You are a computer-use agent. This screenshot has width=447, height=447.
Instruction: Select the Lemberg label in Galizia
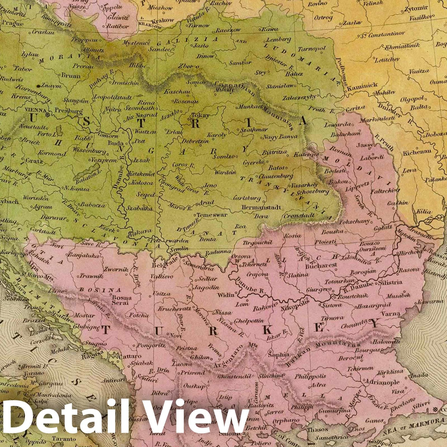pos(275,39)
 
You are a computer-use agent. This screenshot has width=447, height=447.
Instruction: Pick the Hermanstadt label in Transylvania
pos(261,208)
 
